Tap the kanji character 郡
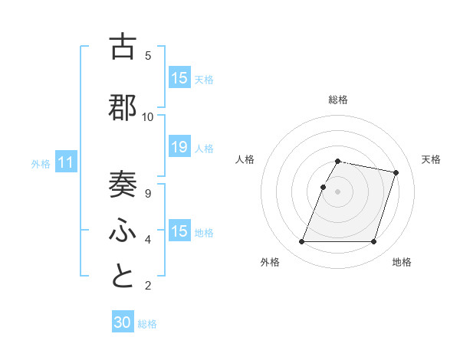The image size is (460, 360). tap(123, 108)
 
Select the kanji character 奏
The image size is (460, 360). tap(123, 184)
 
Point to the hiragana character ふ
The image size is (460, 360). tap(123, 230)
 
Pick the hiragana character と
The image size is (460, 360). tap(123, 277)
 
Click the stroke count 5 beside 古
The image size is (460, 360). tap(148, 56)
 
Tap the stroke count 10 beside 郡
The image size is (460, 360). tap(148, 117)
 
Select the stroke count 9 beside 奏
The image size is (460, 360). tap(148, 194)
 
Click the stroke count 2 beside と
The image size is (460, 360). tap(148, 286)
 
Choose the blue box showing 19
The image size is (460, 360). tap(179, 148)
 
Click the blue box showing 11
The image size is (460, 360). tap(66, 162)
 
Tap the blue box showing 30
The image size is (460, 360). tap(123, 322)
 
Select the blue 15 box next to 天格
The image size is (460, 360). tap(179, 78)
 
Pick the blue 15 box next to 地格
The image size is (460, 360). tap(179, 231)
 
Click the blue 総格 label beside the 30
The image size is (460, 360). tap(147, 324)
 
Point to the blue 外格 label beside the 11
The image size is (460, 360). tap(41, 164)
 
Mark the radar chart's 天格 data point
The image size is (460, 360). tap(396, 173)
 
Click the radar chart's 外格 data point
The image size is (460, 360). tap(302, 242)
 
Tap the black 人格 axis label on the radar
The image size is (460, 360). tap(245, 159)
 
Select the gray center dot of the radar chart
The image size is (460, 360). tap(338, 191)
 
